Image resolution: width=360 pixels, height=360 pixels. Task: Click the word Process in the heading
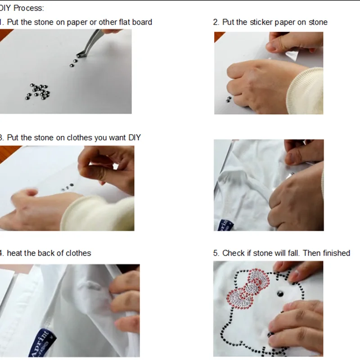click(28, 8)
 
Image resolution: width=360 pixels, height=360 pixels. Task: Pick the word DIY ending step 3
click(135, 138)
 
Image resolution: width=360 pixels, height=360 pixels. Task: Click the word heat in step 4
click(14, 253)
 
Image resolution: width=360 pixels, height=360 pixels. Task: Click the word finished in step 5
click(335, 253)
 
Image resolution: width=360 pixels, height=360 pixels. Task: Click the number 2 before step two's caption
click(216, 22)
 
